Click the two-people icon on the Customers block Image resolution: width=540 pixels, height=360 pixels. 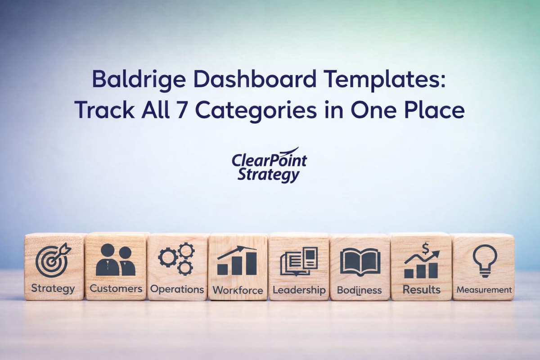tap(116, 260)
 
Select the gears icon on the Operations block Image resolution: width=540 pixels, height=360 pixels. tap(176, 259)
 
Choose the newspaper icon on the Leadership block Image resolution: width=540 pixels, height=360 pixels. tap(299, 261)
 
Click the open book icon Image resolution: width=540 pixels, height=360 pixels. tap(360, 261)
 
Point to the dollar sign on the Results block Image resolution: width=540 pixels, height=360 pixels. tap(425, 248)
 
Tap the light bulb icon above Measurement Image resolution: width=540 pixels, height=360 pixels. tap(485, 261)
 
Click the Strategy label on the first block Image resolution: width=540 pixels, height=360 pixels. tap(53, 288)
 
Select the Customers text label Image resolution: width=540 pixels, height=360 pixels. tap(116, 288)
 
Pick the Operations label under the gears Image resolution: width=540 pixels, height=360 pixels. tap(177, 289)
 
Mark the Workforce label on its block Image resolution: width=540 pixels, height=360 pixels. tap(238, 290)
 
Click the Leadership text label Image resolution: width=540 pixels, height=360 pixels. tap(299, 290)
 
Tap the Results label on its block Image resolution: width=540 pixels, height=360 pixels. tap(421, 289)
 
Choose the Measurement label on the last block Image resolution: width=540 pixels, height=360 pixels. tap(484, 290)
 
